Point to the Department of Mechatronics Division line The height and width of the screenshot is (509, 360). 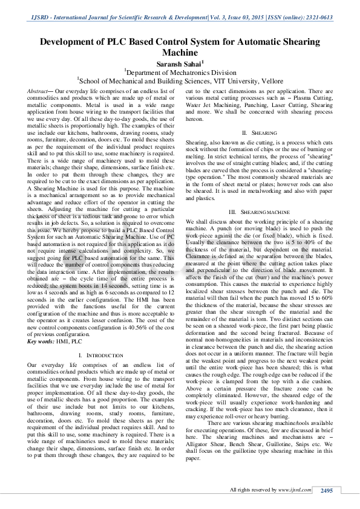click(180, 71)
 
